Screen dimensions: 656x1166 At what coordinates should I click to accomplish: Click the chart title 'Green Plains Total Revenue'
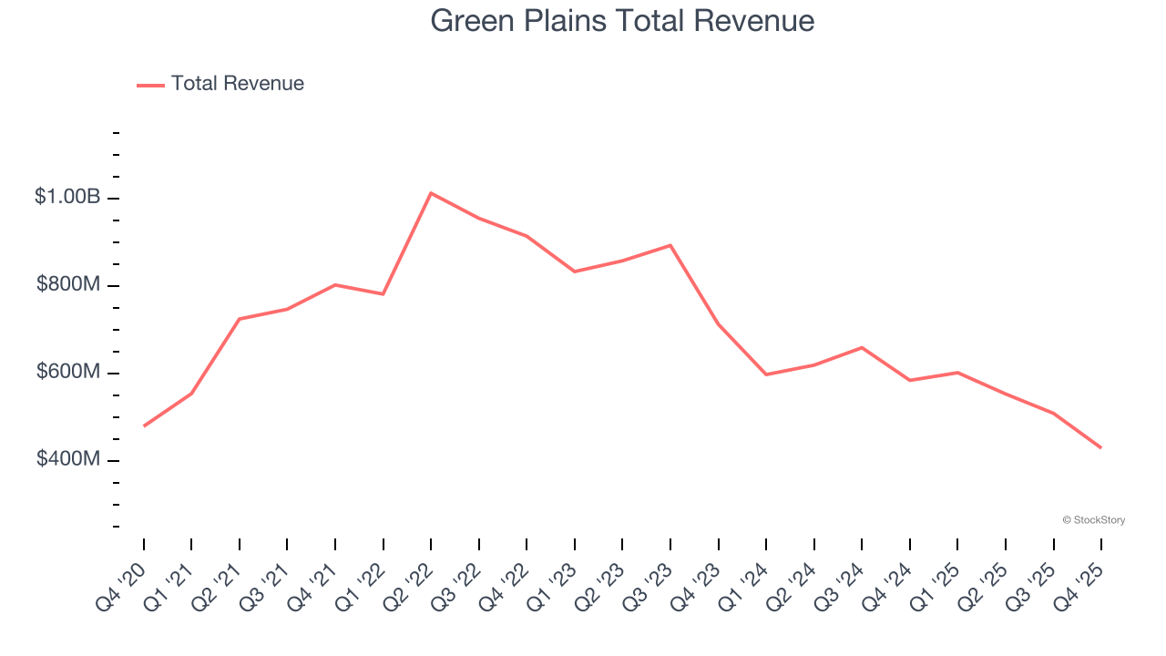pyautogui.click(x=622, y=20)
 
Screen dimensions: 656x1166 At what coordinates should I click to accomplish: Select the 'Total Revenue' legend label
pyautogui.click(x=237, y=84)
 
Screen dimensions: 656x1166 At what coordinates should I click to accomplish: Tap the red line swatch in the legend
pyautogui.click(x=150, y=85)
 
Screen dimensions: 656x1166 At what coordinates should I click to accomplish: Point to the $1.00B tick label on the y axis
pyautogui.click(x=66, y=197)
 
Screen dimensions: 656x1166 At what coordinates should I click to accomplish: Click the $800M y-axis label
pyautogui.click(x=68, y=284)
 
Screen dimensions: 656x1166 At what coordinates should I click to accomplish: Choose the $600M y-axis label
pyautogui.click(x=68, y=372)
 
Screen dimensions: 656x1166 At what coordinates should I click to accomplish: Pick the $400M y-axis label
pyautogui.click(x=68, y=459)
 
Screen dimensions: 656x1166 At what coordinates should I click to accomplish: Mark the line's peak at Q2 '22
pyautogui.click(x=431, y=193)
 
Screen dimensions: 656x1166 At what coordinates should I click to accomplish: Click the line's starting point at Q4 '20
pyautogui.click(x=144, y=425)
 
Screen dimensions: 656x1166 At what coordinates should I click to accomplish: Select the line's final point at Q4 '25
pyautogui.click(x=1100, y=447)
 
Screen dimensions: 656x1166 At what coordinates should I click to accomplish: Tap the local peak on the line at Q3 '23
pyautogui.click(x=670, y=245)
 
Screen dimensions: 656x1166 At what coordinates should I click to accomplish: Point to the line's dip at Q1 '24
pyautogui.click(x=766, y=374)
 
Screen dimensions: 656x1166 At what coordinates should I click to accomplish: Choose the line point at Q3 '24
pyautogui.click(x=862, y=347)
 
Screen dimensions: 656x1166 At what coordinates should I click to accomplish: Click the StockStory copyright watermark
pyautogui.click(x=1093, y=520)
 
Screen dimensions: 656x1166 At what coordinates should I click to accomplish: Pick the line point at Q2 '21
pyautogui.click(x=240, y=319)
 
